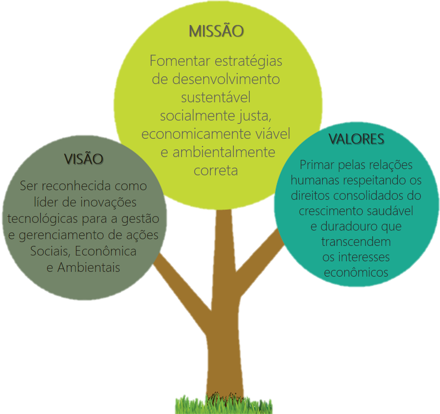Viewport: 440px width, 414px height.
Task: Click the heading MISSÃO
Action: point(216,31)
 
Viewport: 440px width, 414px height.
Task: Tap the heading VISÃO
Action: point(84,159)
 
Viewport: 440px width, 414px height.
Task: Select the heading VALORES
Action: point(356,139)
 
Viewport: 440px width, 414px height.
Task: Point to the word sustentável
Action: point(216,97)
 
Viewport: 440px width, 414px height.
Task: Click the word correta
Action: point(216,170)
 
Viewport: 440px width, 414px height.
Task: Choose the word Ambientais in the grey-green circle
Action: point(88,267)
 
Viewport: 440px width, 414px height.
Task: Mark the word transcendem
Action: point(356,241)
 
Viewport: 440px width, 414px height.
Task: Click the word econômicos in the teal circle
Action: point(356,272)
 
